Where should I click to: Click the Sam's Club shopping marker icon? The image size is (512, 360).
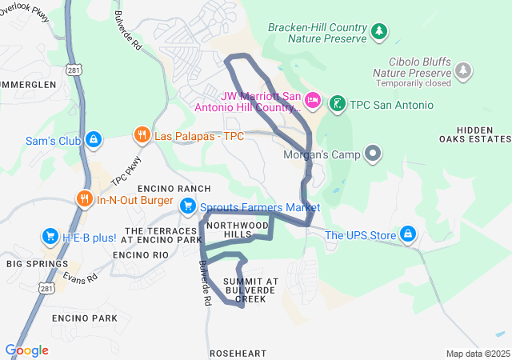click(94, 140)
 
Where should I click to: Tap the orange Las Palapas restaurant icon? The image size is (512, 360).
click(142, 135)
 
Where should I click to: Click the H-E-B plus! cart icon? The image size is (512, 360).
click(50, 237)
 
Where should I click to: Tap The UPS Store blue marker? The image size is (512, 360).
click(409, 234)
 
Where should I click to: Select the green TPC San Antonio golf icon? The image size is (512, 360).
click(338, 104)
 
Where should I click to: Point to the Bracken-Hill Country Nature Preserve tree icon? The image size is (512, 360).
click(379, 31)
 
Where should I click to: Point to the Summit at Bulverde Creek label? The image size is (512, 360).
click(250, 290)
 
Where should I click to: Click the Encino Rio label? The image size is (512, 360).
click(140, 254)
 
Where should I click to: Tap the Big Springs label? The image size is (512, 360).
click(38, 263)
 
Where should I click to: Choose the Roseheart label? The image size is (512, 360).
click(238, 353)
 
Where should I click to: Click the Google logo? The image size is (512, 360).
click(26, 350)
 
